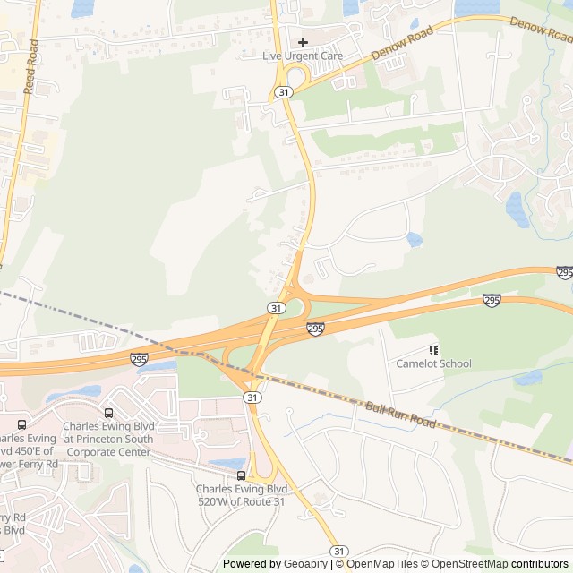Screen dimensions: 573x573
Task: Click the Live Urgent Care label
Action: [x=303, y=56]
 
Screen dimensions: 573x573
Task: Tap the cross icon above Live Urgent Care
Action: [x=303, y=42]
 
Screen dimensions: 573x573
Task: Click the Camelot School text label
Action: [x=433, y=363]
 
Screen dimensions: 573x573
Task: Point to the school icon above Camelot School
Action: [x=434, y=350]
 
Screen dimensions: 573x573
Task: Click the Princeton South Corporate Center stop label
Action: [x=107, y=433]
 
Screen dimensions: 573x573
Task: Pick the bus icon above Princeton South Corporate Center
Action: [x=108, y=413]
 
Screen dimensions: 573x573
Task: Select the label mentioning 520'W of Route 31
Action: [x=242, y=495]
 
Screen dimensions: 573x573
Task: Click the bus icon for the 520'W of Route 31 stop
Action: [x=242, y=475]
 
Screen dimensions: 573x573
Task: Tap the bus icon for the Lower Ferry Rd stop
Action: [x=21, y=424]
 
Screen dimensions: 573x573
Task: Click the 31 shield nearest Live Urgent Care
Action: [x=283, y=92]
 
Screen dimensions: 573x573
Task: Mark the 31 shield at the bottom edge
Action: [x=338, y=550]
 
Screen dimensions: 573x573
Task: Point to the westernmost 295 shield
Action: [x=139, y=359]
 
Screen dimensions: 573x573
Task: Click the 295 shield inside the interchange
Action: [x=315, y=329]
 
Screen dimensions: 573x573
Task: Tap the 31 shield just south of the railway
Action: [x=252, y=397]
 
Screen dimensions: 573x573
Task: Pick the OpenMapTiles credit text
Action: [x=381, y=564]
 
